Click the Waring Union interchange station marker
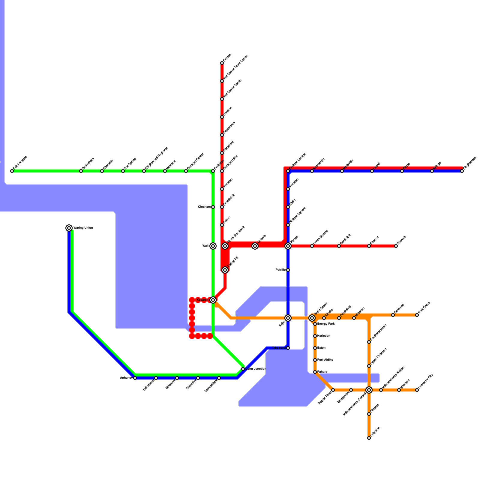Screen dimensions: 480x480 click(69, 228)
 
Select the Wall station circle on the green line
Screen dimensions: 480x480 click(213, 246)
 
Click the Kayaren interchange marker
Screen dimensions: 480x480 click(213, 300)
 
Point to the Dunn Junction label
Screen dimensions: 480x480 click(256, 369)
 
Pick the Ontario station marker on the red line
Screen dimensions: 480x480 click(255, 246)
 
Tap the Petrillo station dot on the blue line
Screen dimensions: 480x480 click(288, 270)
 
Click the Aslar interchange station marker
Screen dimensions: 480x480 click(288, 318)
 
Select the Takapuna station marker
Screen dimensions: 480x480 click(288, 348)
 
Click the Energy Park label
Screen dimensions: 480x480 click(326, 324)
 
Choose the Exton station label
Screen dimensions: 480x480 click(321, 348)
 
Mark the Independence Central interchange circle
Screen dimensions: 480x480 click(369, 390)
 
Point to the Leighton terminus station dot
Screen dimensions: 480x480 click(369, 438)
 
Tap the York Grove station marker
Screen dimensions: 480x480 click(417, 315)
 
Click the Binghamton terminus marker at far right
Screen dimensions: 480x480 click(462, 171)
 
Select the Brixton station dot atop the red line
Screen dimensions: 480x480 click(222, 63)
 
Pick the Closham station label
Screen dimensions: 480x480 click(204, 207)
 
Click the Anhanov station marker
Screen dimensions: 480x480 click(135, 378)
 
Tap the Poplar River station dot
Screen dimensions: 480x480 click(333, 390)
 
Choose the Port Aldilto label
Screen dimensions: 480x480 click(325, 360)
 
